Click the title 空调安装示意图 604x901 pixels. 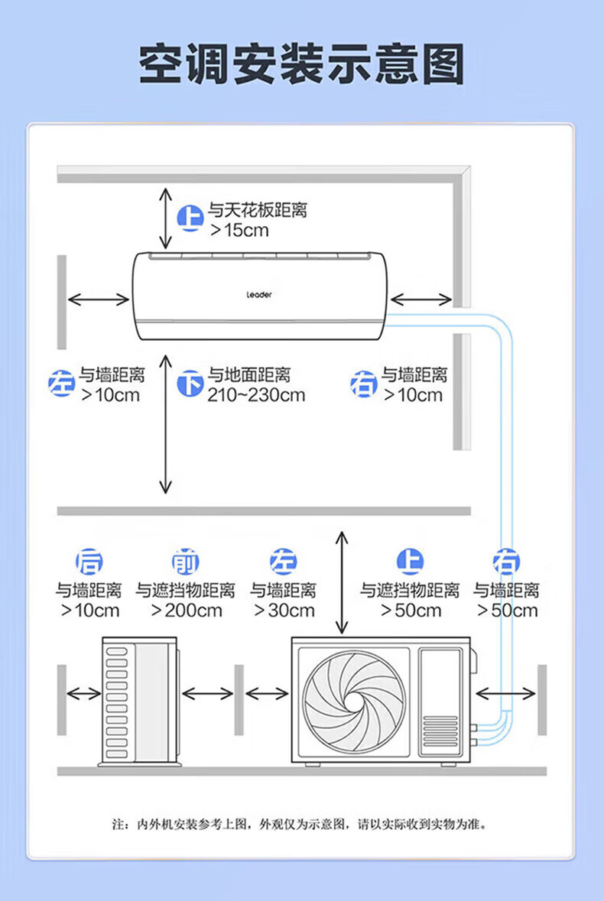pos(302,64)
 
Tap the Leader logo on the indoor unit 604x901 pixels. pos(258,294)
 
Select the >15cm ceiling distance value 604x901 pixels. pos(240,230)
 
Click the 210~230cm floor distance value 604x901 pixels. pos(256,395)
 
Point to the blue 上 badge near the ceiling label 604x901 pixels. pos(190,219)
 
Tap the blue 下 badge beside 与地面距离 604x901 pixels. pos(190,383)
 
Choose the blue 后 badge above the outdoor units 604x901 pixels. pos(89,562)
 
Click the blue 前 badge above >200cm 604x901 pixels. pos(185,562)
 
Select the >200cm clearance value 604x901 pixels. pos(187,611)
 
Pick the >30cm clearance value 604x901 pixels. pos(284,611)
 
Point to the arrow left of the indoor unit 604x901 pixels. pos(99,299)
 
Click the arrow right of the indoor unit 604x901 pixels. pos(421,299)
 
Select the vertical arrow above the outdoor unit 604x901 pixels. pos(342,581)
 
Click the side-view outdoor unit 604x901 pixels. pos(140,701)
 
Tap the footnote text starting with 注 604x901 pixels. pos(300,825)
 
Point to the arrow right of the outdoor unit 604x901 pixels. pos(505,693)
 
